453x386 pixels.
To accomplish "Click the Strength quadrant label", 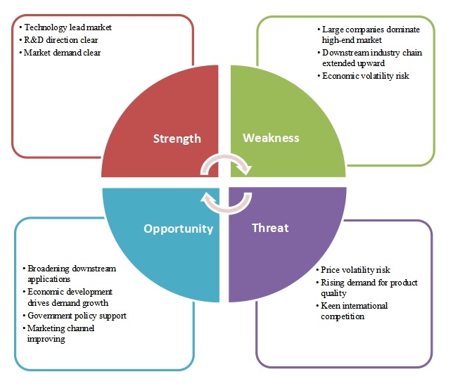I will tap(177, 139).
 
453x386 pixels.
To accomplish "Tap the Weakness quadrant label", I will tap(271, 138).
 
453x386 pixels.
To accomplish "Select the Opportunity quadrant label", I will tap(178, 229).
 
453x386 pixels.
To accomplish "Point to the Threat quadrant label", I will tap(269, 228).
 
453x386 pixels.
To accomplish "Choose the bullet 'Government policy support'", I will tap(77, 316).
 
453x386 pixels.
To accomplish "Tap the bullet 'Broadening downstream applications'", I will tap(70, 274).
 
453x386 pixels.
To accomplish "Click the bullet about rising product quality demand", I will tap(368, 288).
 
